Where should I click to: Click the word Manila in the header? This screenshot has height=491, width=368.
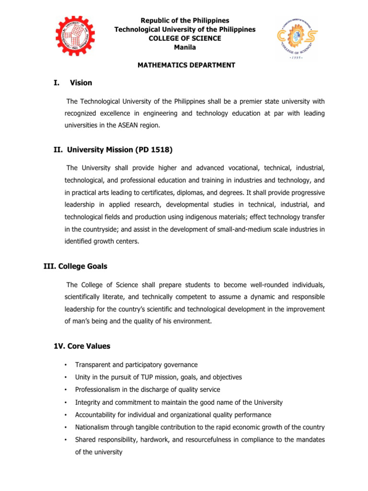click(x=184, y=47)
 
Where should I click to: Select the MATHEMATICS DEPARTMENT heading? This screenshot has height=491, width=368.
click(x=184, y=65)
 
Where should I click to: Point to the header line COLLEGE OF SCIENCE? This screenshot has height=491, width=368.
click(x=184, y=38)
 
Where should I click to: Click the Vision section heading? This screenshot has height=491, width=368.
click(x=81, y=83)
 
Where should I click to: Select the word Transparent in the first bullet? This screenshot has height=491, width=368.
click(x=92, y=365)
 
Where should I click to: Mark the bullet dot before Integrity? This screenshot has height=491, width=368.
click(x=66, y=403)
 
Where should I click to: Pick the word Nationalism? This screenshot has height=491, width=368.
click(x=92, y=427)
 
